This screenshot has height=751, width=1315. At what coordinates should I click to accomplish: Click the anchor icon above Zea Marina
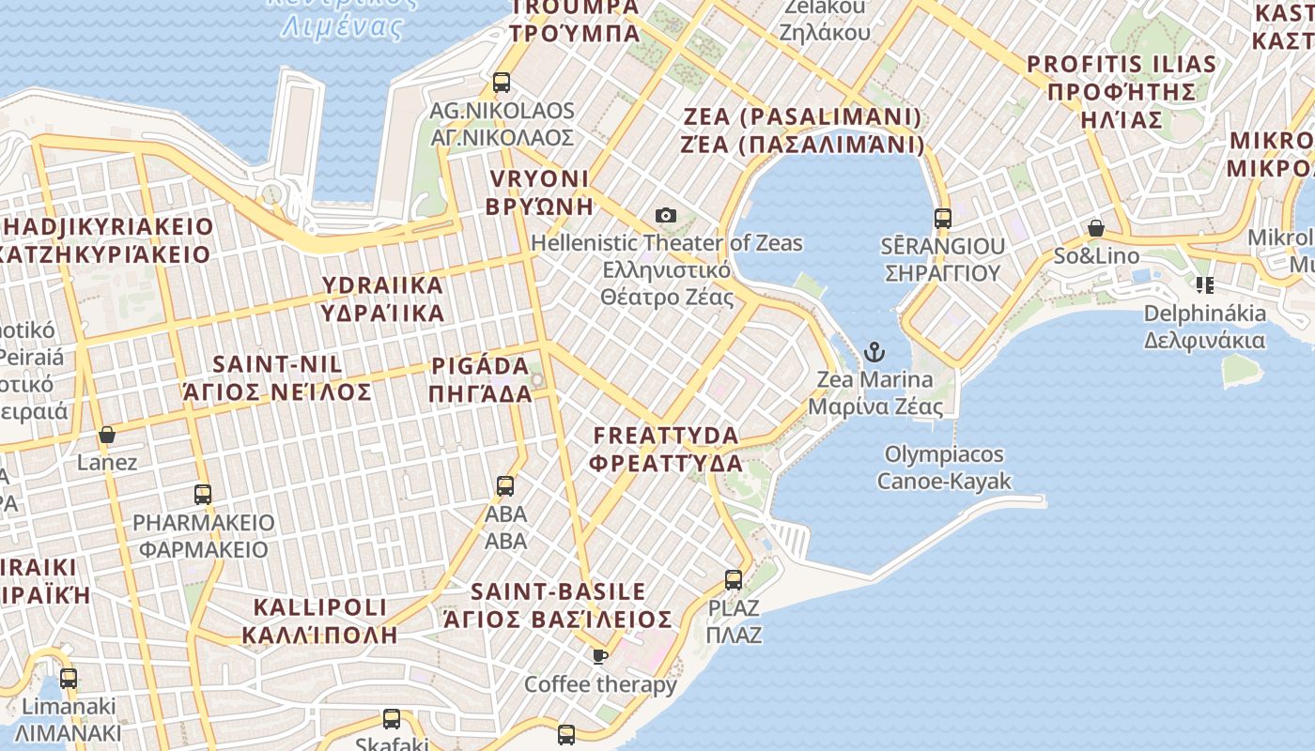874,353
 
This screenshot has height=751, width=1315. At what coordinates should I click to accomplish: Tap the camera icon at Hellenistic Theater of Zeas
666,216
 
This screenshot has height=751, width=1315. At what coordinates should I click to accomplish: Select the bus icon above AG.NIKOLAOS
502,83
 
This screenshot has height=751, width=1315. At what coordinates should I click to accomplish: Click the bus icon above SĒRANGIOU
943,219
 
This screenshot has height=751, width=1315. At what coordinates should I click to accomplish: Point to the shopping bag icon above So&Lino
1095,228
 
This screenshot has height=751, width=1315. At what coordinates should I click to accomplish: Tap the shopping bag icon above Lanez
107,435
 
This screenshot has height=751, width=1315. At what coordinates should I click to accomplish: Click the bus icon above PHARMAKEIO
202,495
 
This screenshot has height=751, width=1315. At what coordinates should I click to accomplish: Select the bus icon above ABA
505,486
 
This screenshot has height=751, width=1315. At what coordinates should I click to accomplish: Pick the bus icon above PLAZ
734,580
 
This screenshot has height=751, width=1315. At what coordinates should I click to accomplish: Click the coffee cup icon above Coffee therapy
599,656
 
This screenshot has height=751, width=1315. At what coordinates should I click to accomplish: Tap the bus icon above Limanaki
69,679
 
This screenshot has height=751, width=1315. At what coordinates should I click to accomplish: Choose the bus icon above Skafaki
392,720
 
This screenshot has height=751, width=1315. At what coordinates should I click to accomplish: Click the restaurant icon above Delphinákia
1204,284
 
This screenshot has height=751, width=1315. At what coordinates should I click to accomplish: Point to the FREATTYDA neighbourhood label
666,449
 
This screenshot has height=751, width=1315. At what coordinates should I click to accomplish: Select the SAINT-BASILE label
558,605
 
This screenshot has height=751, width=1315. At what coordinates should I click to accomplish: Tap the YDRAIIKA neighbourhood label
382,299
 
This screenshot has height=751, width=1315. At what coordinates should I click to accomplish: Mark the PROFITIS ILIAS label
1122,92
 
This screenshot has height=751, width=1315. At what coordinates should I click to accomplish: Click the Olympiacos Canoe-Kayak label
944,467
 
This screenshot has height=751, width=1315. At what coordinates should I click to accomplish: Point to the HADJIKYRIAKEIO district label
107,240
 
